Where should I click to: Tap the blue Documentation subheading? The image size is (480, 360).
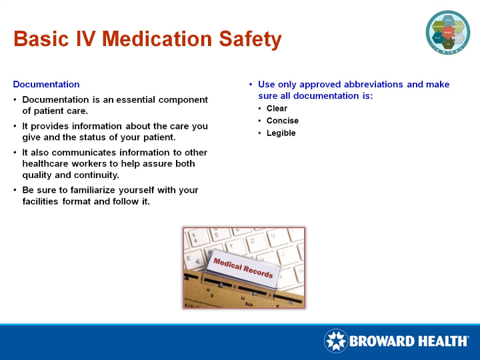coord(46,85)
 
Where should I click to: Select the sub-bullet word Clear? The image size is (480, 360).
coord(277,109)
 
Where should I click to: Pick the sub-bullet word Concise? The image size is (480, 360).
coord(282,121)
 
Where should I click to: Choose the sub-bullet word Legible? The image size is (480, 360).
coord(281,133)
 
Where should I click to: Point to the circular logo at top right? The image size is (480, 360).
coord(448,32)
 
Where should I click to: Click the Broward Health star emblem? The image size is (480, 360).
coord(335,341)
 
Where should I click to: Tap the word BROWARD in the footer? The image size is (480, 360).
coord(382,341)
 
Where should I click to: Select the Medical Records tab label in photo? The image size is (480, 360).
coord(243,268)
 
